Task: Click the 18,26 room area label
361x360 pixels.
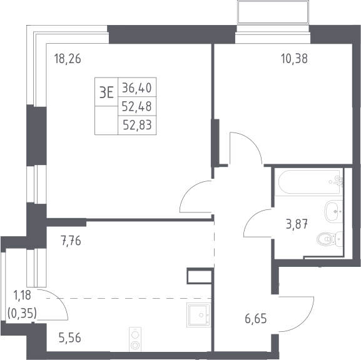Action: pyautogui.click(x=68, y=59)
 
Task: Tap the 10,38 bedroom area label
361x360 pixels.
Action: pyautogui.click(x=294, y=59)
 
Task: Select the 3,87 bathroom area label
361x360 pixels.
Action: pyautogui.click(x=297, y=224)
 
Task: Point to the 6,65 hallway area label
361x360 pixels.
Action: pyautogui.click(x=256, y=319)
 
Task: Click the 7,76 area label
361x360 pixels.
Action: pyautogui.click(x=71, y=241)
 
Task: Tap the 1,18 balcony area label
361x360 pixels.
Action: pyautogui.click(x=22, y=295)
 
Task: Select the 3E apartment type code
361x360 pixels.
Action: pyautogui.click(x=106, y=93)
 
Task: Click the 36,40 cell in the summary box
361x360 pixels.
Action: pyautogui.click(x=137, y=88)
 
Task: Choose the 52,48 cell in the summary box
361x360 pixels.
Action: pyautogui.click(x=137, y=106)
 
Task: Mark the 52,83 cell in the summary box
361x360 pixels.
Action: pyautogui.click(x=138, y=125)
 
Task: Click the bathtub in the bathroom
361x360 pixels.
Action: pyautogui.click(x=310, y=182)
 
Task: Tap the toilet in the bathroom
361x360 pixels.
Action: pyautogui.click(x=330, y=239)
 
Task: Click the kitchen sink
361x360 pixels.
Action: pyautogui.click(x=199, y=315)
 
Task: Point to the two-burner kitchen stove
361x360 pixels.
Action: pyautogui.click(x=135, y=339)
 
